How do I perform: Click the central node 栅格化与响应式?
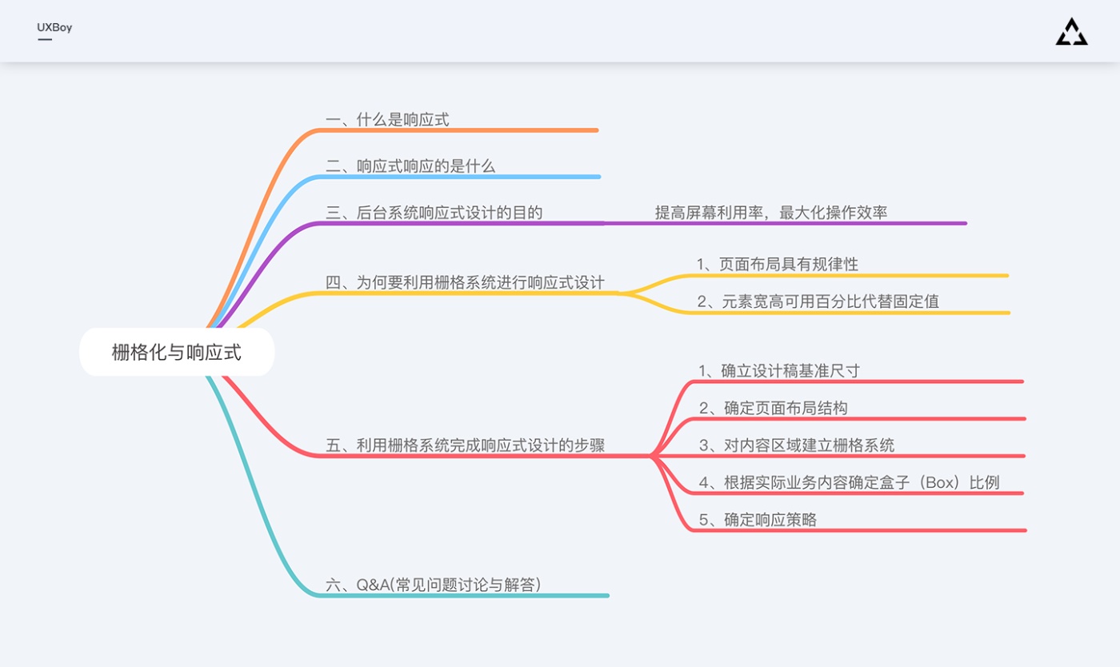[177, 352]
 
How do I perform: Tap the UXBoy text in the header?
[54, 27]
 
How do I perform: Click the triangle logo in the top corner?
[1071, 32]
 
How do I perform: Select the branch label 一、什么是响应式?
[387, 119]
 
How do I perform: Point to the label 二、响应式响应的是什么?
[410, 166]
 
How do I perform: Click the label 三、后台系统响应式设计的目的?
[434, 213]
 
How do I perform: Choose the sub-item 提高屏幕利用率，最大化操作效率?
[771, 213]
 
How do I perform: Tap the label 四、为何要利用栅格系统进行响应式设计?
[465, 282]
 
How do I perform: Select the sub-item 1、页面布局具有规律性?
[778, 264]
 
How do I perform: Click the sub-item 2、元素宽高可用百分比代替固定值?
[818, 301]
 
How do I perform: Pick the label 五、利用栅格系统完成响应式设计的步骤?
[465, 445]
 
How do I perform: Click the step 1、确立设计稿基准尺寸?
[779, 370]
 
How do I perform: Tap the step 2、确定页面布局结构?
[773, 408]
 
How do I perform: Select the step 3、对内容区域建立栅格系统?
[797, 445]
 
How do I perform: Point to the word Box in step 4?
[941, 482]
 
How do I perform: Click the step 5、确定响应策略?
[758, 520]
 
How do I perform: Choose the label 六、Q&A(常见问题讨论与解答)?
[433, 585]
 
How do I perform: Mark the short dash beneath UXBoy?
[45, 39]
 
